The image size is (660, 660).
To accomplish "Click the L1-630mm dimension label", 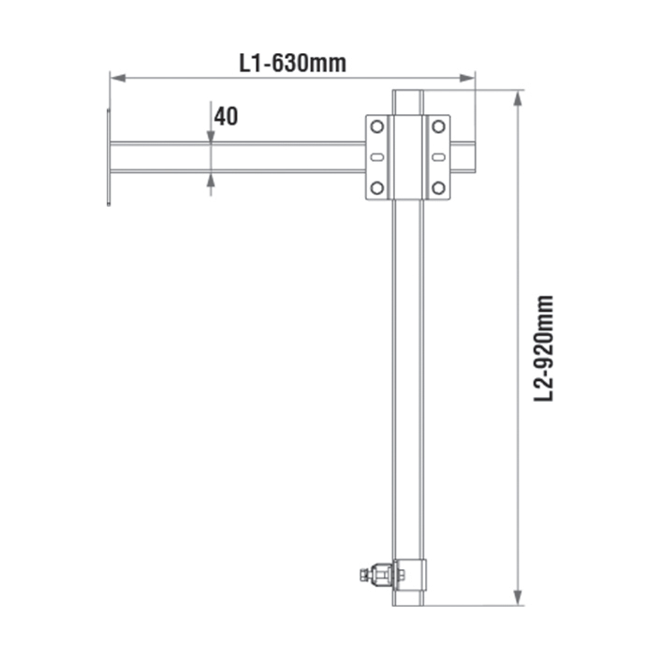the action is click(292, 64).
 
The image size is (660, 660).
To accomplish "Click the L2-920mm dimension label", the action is click(543, 348).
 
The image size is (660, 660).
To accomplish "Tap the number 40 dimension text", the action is click(226, 116).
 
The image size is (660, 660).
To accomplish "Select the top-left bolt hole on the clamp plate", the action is click(376, 126).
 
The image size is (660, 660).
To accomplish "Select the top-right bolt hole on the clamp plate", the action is click(439, 126).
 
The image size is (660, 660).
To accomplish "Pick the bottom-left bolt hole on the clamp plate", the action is click(376, 188).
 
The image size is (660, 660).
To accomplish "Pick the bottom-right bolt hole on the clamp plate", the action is click(439, 188).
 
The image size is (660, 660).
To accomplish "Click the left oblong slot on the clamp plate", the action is click(376, 157).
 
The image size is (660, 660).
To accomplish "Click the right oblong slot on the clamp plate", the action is click(439, 157).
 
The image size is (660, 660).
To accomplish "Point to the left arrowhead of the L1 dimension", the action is click(118, 78).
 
